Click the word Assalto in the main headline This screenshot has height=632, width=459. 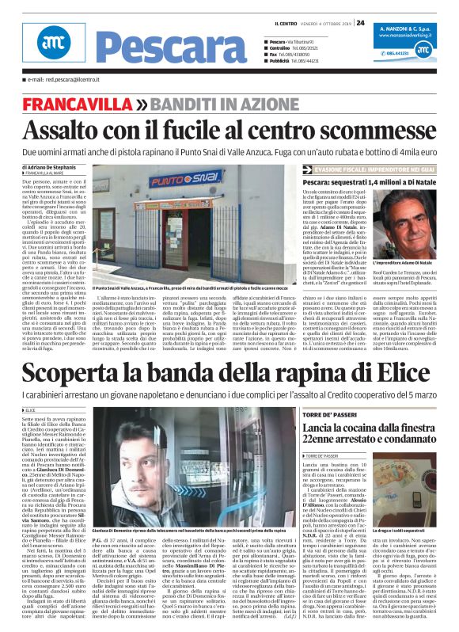click(61, 128)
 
